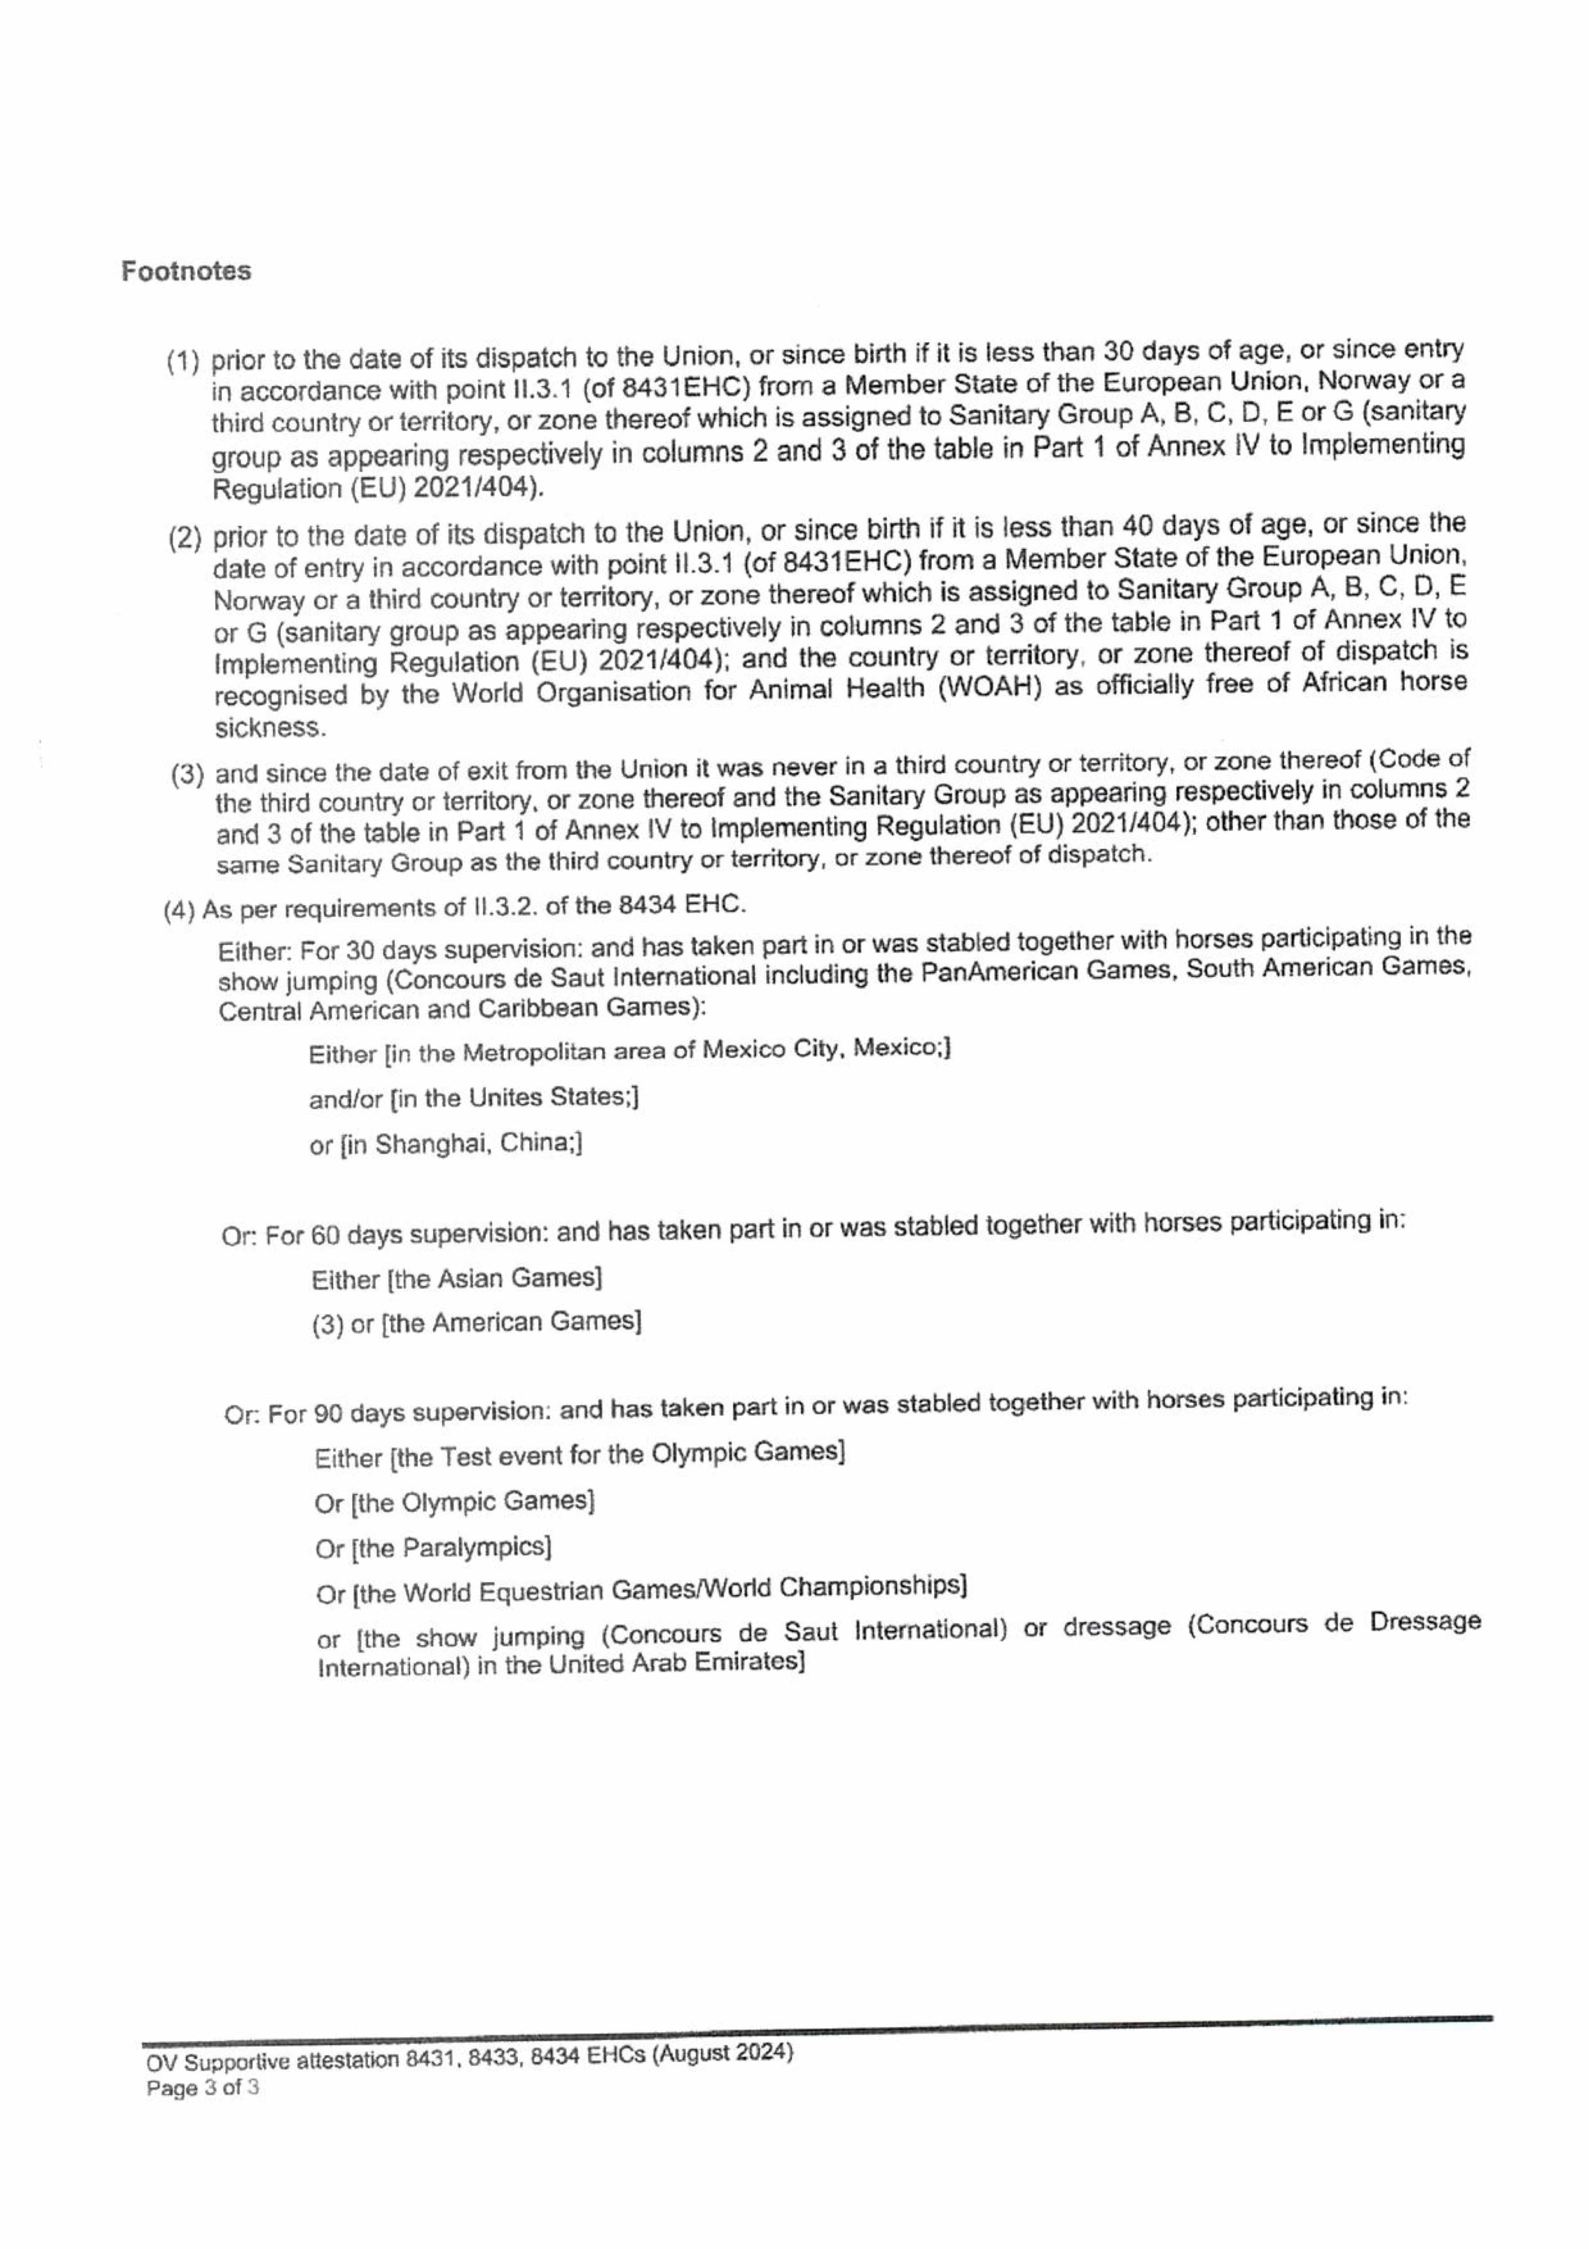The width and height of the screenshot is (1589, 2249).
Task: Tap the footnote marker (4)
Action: click(x=179, y=910)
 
